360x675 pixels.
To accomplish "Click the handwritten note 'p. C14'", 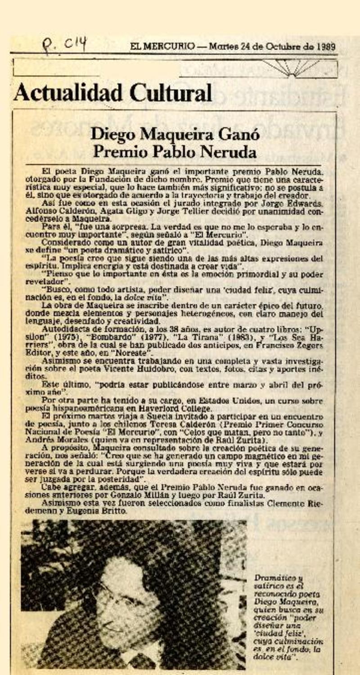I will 64,45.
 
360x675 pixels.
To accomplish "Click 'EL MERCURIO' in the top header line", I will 162,46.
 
